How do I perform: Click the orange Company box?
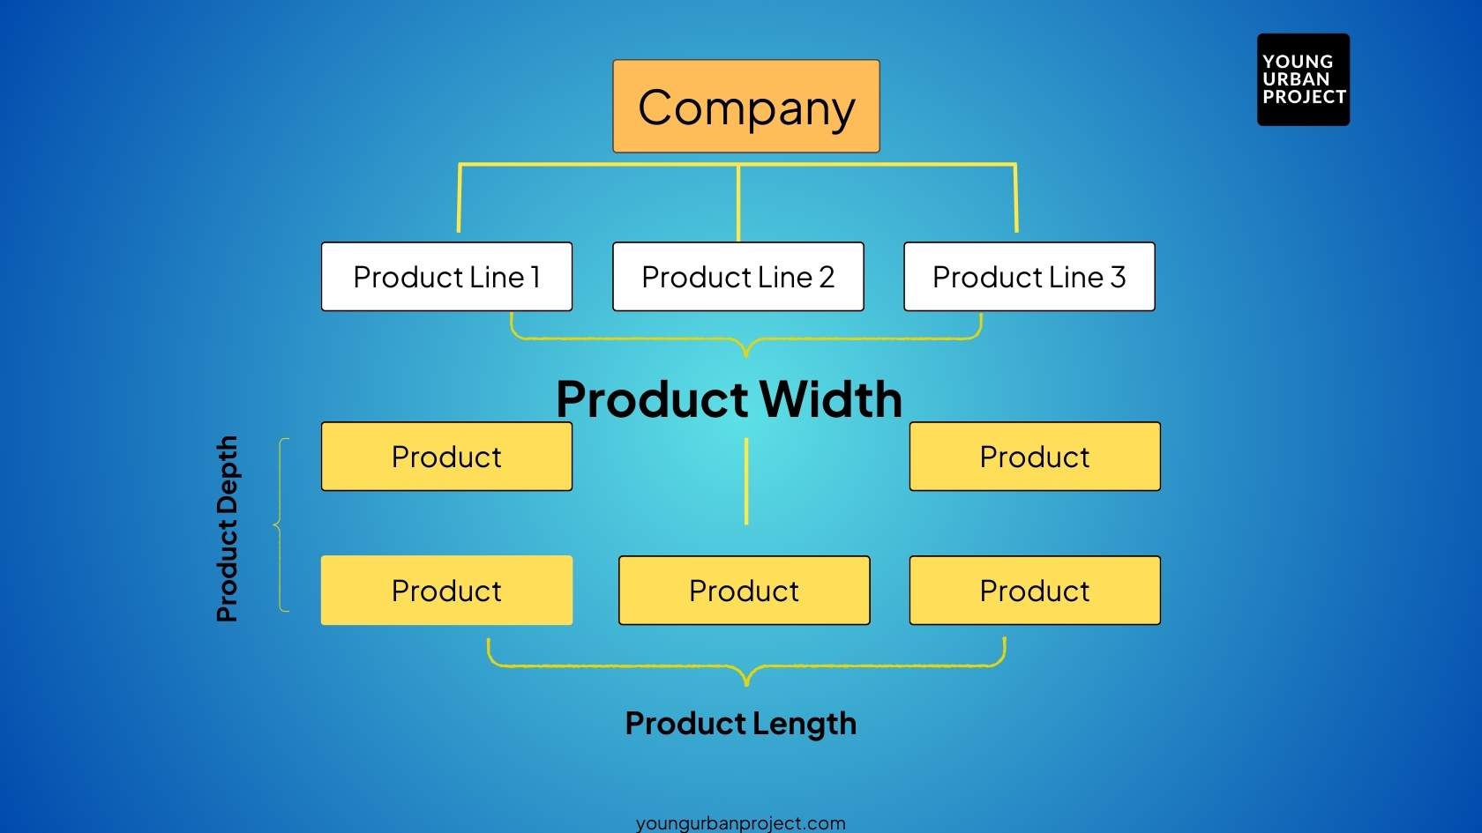point(745,107)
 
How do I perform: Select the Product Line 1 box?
point(446,277)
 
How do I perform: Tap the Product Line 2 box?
point(737,277)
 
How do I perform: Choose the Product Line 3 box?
point(1029,277)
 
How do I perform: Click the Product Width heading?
point(729,399)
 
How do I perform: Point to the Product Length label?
point(740,724)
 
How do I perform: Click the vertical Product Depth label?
point(228,529)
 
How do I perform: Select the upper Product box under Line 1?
point(446,457)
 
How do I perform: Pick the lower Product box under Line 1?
point(446,591)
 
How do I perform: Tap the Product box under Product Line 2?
point(744,591)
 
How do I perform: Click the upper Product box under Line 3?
point(1034,457)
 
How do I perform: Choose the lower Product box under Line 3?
point(1034,591)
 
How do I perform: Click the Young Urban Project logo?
point(1303,79)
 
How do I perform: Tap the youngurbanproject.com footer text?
point(740,823)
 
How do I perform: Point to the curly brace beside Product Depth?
point(281,525)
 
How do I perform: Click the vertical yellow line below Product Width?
point(746,481)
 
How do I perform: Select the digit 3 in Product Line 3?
point(1118,277)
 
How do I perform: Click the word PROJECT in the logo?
point(1304,97)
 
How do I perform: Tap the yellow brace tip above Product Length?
point(746,681)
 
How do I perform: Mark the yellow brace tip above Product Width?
point(746,353)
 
